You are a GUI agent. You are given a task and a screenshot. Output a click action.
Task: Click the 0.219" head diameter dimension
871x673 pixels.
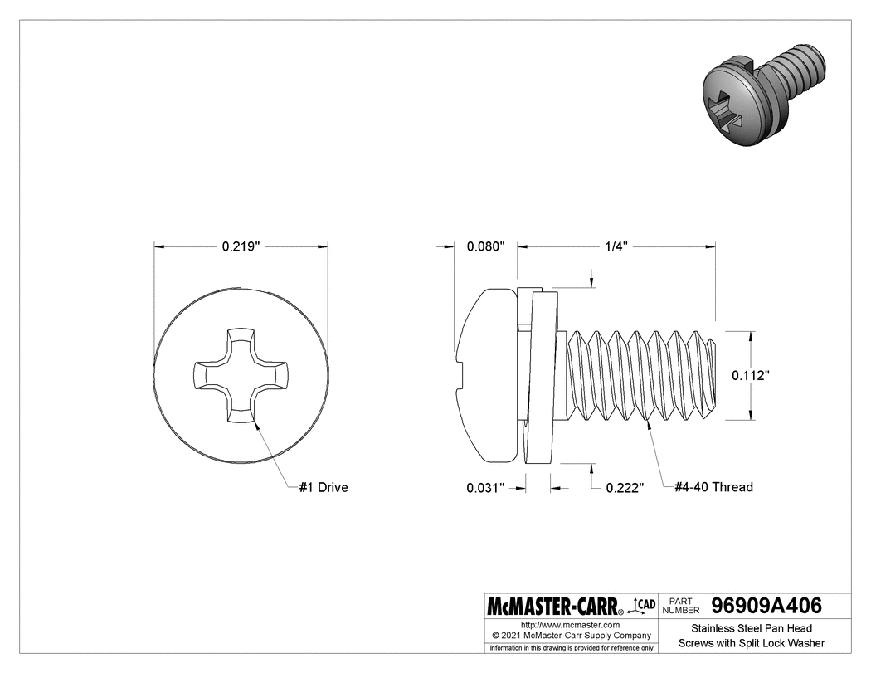tap(241, 246)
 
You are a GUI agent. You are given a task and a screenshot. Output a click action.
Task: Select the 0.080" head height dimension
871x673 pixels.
tap(486, 246)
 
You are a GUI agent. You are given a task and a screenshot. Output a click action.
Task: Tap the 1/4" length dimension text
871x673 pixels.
tap(616, 246)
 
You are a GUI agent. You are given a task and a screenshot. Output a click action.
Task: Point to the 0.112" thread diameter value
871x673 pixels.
tap(751, 375)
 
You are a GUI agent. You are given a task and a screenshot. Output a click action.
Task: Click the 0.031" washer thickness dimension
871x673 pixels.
tap(486, 488)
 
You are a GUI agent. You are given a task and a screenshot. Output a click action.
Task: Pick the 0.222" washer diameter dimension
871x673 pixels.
tap(625, 488)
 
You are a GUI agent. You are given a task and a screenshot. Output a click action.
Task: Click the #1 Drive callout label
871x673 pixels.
tap(324, 487)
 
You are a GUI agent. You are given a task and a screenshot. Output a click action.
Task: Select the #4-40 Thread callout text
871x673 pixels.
tap(713, 487)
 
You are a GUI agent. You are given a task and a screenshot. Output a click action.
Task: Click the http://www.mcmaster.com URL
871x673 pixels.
tap(570, 624)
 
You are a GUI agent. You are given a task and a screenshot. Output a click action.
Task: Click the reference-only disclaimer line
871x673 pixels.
tap(571, 647)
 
